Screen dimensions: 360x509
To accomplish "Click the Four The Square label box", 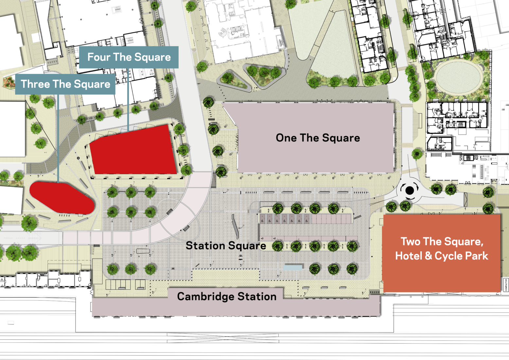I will click(129, 57).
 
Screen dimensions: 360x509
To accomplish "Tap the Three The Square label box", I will click(65, 84).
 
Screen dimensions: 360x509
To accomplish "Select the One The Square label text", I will click(318, 138).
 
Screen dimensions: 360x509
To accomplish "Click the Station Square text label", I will click(226, 245).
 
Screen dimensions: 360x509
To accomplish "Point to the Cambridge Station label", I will click(227, 297).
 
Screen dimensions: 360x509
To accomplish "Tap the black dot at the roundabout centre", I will click(410, 190).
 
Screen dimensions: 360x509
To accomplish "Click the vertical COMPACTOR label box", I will click(506, 285).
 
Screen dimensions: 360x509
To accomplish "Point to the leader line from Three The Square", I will click(58, 137).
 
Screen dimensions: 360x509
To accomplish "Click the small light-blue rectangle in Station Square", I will click(293, 268).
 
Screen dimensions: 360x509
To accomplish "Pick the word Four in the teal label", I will click(99, 57).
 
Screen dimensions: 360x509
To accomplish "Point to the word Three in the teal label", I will click(35, 84).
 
